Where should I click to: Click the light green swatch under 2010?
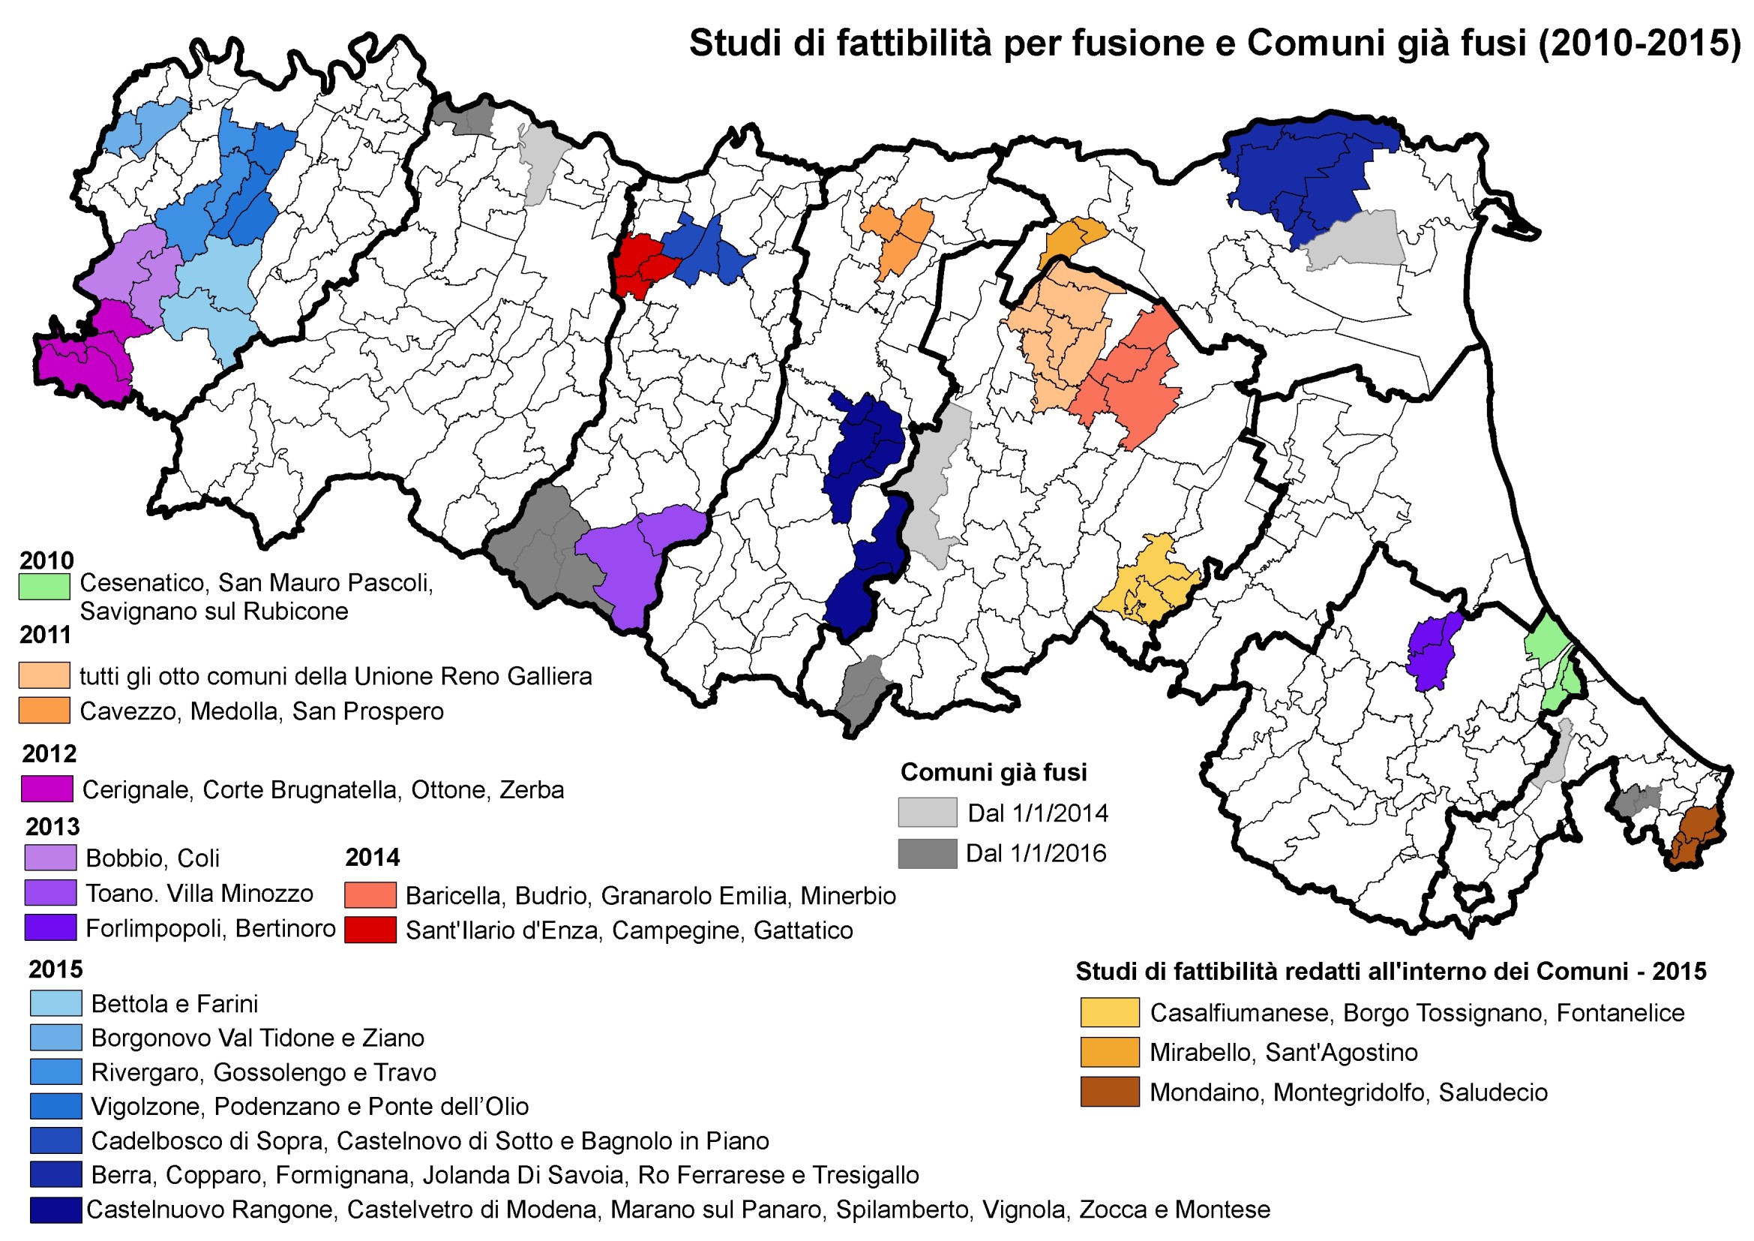(x=44, y=586)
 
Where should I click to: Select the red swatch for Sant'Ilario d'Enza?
(x=370, y=930)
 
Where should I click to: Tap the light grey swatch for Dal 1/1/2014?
(x=927, y=813)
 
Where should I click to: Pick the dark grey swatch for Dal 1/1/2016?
(x=927, y=853)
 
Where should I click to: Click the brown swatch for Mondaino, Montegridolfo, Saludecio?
(x=1108, y=1092)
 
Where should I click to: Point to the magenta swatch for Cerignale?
(x=47, y=789)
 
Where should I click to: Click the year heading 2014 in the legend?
(x=372, y=858)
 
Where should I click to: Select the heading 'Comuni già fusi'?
(x=993, y=772)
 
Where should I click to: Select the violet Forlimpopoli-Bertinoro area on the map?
(x=1432, y=651)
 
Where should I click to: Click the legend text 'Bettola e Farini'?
(x=174, y=1003)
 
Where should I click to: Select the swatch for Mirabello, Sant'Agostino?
(x=1108, y=1052)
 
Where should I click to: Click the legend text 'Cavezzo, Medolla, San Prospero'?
(x=261, y=711)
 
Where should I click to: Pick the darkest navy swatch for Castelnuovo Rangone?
(x=55, y=1209)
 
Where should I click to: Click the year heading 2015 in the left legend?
(x=55, y=969)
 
